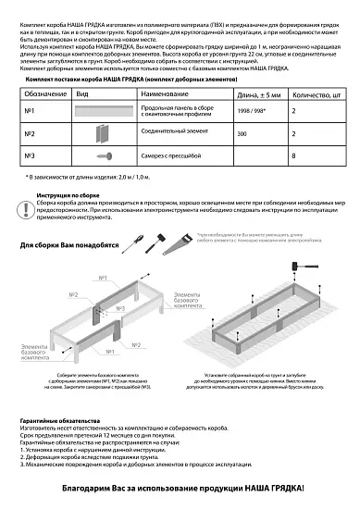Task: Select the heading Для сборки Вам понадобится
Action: click(x=70, y=246)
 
